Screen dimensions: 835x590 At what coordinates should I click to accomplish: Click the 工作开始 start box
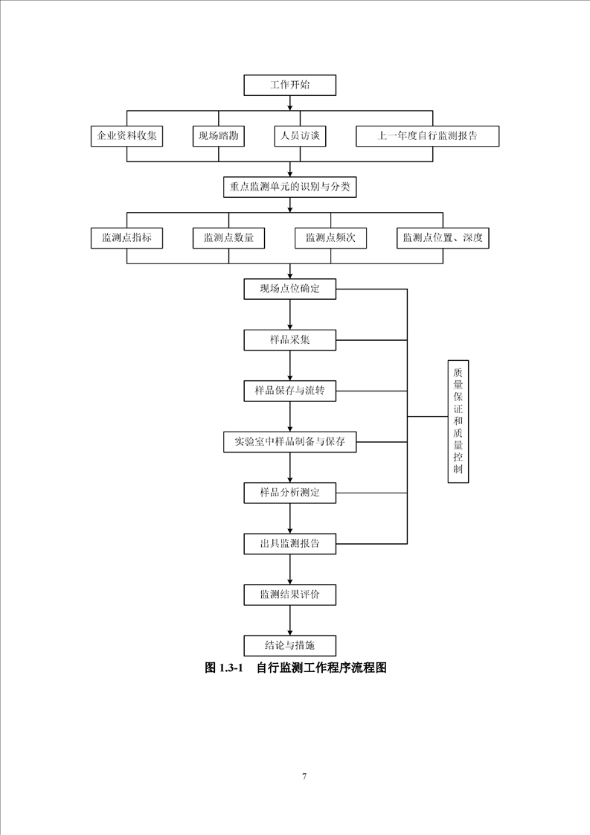pos(289,85)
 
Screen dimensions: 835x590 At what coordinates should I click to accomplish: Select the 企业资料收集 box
pos(126,136)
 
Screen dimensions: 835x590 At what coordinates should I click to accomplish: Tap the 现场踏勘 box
pos(218,136)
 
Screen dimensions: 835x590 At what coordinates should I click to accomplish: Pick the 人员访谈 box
pos(300,136)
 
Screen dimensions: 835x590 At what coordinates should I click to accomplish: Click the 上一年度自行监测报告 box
pos(427,136)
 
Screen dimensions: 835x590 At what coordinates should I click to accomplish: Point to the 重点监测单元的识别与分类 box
pos(289,187)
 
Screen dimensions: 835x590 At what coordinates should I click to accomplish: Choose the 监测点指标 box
pos(126,238)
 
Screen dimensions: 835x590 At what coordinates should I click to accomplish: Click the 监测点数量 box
pos(228,238)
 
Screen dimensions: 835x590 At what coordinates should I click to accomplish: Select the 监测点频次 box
pos(330,238)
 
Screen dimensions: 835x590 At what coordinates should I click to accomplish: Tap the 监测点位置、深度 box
pos(443,238)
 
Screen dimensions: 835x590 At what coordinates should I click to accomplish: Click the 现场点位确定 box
pos(289,289)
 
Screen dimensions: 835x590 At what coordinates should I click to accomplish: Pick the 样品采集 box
pos(289,340)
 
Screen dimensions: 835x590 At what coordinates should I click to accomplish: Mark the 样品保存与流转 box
pos(289,391)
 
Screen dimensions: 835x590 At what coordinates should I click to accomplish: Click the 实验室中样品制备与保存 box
pos(289,441)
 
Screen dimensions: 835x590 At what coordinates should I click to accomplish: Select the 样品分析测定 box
pos(289,492)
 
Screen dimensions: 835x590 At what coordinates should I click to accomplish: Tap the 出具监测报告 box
pos(289,543)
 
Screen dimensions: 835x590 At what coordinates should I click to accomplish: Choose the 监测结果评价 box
pos(289,594)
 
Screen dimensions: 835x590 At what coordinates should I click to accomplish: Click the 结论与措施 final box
pos(289,645)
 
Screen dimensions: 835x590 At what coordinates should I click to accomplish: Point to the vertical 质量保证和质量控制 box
pos(458,421)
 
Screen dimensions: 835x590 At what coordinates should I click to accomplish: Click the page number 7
pos(304,776)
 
